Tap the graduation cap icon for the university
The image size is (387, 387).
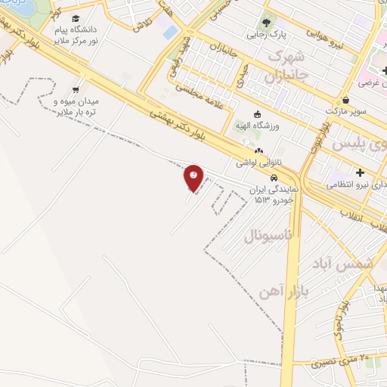(x=76, y=18)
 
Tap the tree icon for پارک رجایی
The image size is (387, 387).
(x=265, y=20)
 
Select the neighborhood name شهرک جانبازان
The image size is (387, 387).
(x=285, y=67)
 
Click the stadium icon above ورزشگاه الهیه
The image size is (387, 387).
(x=257, y=113)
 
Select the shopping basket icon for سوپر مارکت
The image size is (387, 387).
(x=346, y=99)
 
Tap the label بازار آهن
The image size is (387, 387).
(x=268, y=291)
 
